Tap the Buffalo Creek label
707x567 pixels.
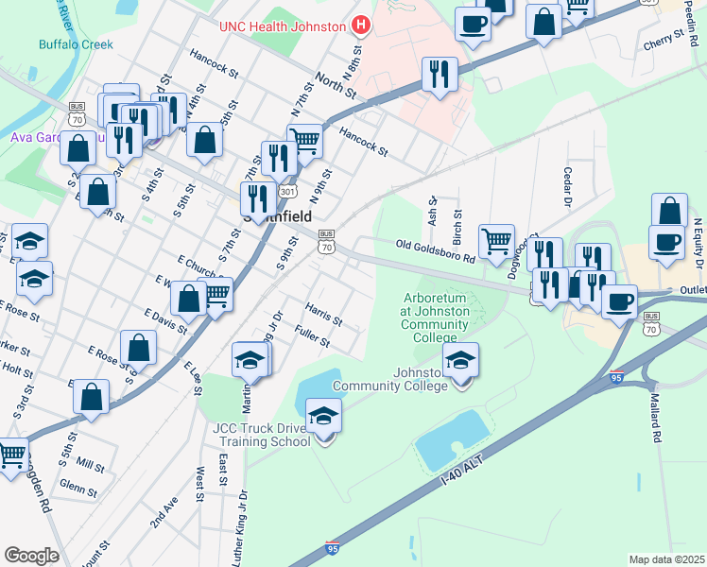[x=76, y=44]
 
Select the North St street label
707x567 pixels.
[x=336, y=86]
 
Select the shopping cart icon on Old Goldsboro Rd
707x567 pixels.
[x=496, y=240]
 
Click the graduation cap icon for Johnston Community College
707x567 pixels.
[x=460, y=360]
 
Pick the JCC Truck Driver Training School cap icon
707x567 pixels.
[x=323, y=417]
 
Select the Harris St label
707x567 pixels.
[x=323, y=315]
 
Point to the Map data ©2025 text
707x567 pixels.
[x=666, y=559]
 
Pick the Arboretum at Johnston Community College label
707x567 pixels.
[x=435, y=318]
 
